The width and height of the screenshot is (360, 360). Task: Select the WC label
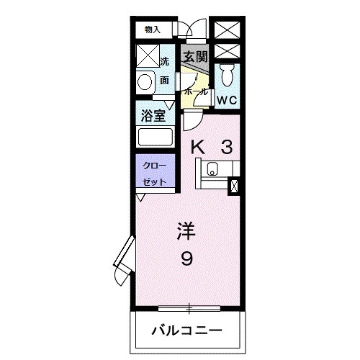tap(228, 100)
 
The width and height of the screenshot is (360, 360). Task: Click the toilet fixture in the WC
tap(227, 73)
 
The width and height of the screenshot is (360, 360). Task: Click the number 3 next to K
tap(226, 148)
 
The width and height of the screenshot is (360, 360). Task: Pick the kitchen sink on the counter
tap(212, 170)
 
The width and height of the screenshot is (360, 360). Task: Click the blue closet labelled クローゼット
tap(152, 173)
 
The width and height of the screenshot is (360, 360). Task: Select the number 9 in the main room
tap(186, 258)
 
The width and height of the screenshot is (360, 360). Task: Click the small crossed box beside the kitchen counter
tap(233, 185)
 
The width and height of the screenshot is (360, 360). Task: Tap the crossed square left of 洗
tap(147, 56)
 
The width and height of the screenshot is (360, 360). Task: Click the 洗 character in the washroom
tap(164, 62)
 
